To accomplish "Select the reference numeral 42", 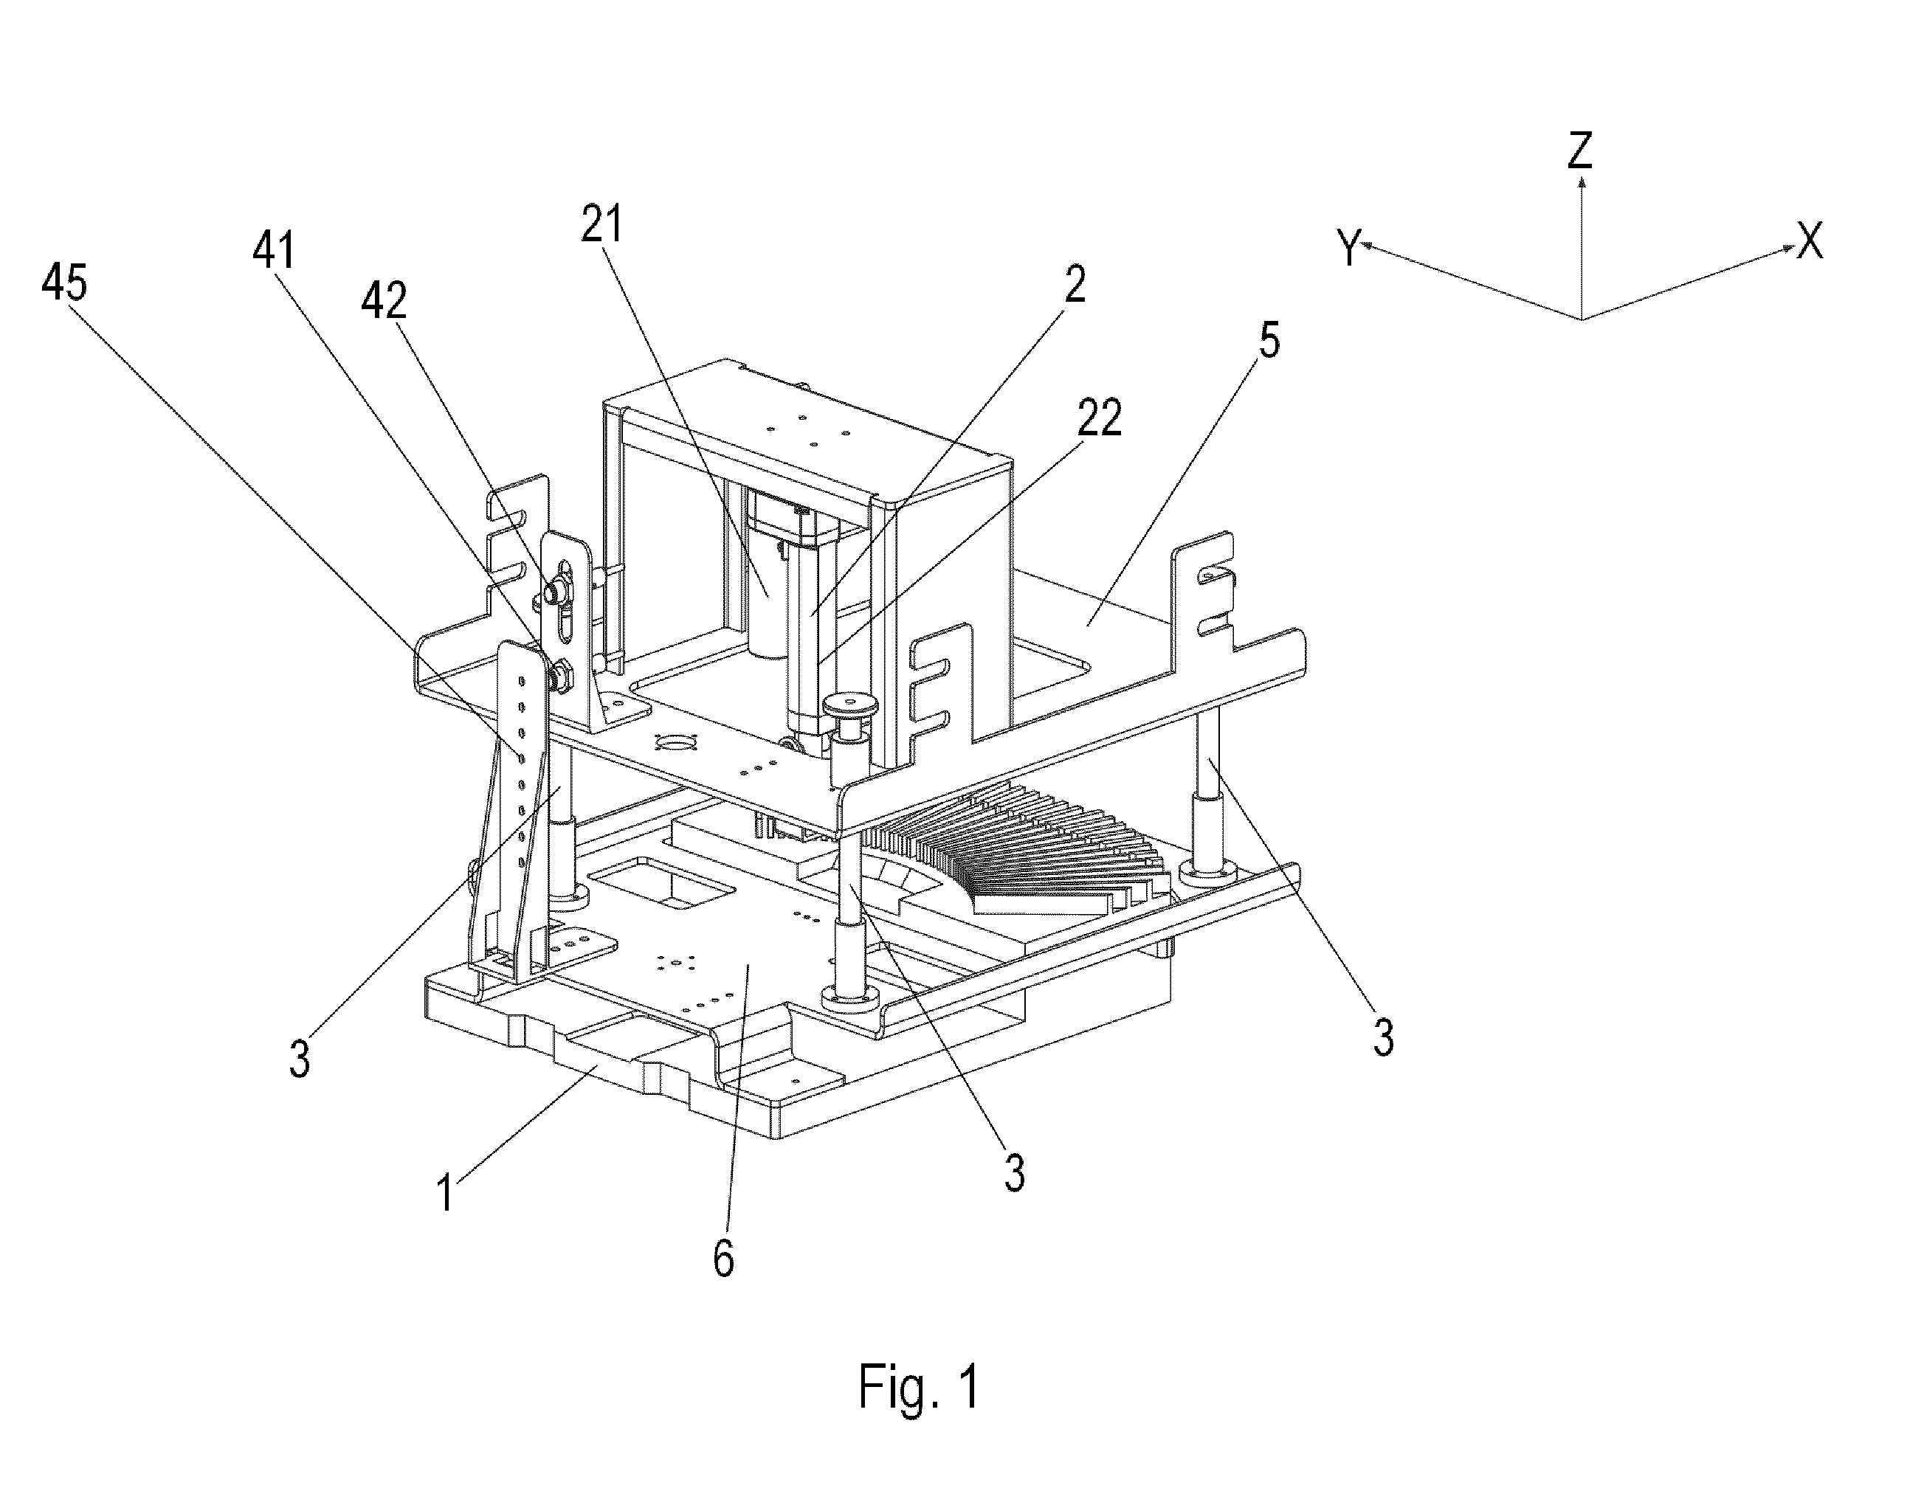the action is click(x=384, y=301).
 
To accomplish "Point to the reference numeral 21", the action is click(x=602, y=224).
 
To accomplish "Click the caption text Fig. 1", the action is click(x=920, y=1386).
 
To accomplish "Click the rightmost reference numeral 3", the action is click(x=1383, y=1037).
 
